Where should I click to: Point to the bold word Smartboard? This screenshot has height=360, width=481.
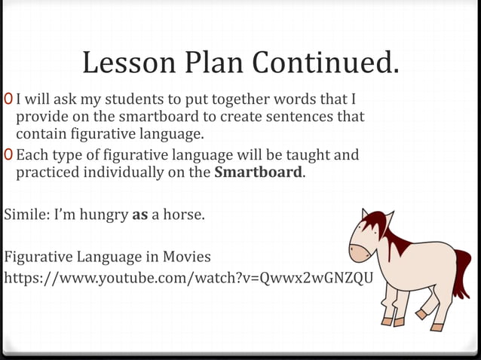[x=259, y=172]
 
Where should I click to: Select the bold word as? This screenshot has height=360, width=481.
[x=139, y=215]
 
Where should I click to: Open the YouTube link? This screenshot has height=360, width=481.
[x=188, y=278]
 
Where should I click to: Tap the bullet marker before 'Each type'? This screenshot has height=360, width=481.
[x=8, y=155]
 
